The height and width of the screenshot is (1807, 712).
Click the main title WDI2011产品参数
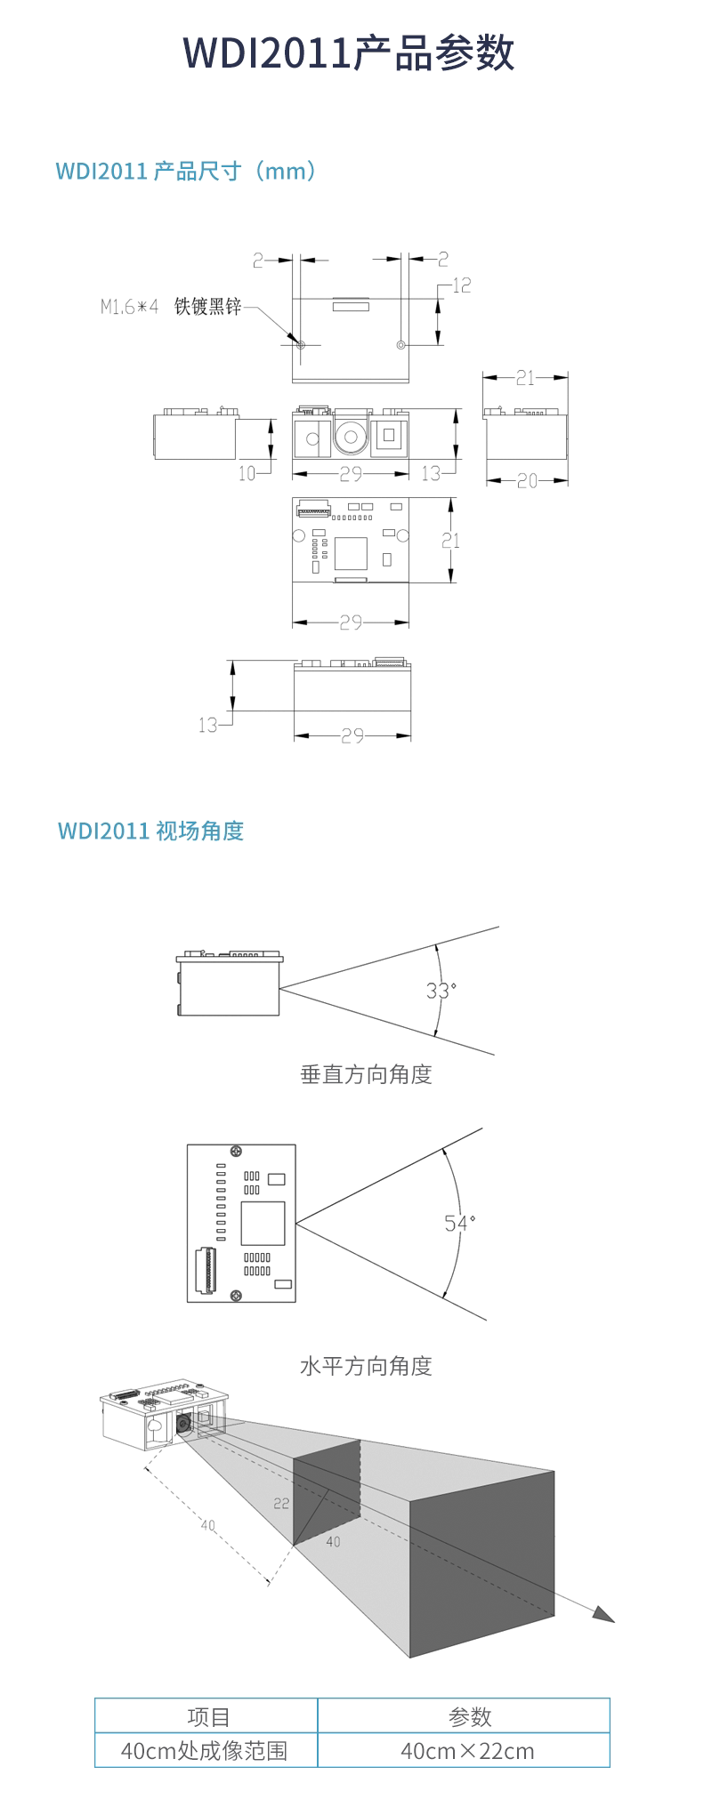pos(349,53)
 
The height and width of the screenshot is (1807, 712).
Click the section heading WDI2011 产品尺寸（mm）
pos(186,171)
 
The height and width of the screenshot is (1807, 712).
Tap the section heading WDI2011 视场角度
pos(150,831)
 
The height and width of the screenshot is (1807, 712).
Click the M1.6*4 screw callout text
pos(129,308)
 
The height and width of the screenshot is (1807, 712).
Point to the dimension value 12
pos(461,285)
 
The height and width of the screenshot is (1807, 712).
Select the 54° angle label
pos(459,1223)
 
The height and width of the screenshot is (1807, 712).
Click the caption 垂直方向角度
pos(366,1074)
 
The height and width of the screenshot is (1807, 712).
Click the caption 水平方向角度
pos(366,1365)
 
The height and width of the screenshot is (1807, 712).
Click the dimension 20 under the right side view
pos(527,481)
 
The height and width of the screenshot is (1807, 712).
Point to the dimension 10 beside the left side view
pos(247,473)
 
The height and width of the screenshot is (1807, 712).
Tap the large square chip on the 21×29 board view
pos(351,553)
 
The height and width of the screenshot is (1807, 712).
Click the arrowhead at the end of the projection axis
pos(604,1614)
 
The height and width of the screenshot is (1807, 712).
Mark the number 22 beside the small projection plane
pos(281,1503)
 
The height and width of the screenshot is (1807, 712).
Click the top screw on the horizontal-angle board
pos(236,1152)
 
